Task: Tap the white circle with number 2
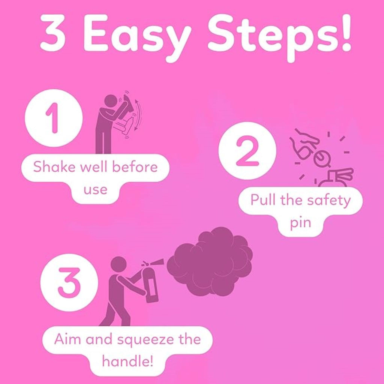[247, 151]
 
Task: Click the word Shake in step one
[54, 167]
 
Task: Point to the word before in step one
[135, 167]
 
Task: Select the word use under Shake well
[96, 189]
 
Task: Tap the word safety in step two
[329, 201]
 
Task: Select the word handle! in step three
[127, 361]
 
